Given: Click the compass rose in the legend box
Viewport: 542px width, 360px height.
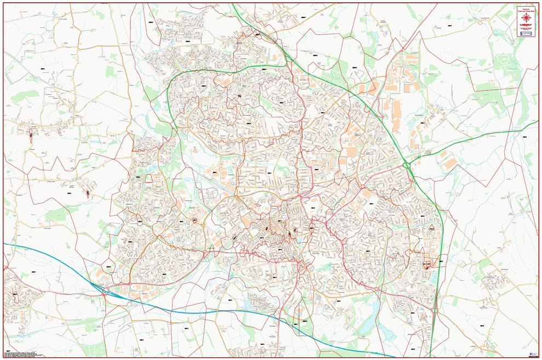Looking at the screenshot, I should (527, 18).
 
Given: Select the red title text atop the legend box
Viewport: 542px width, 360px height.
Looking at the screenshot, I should (527, 9).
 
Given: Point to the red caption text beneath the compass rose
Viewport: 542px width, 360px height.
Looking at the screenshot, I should (527, 27).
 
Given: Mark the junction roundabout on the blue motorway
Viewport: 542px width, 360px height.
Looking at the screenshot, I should (104, 292).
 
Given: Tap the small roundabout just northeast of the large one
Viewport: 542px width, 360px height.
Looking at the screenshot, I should (419, 157).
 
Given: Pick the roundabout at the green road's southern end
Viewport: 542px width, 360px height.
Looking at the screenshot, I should (435, 311).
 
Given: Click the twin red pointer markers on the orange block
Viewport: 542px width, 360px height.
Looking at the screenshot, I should (426, 266).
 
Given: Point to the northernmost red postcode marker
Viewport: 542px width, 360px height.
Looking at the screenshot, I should (257, 34).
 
